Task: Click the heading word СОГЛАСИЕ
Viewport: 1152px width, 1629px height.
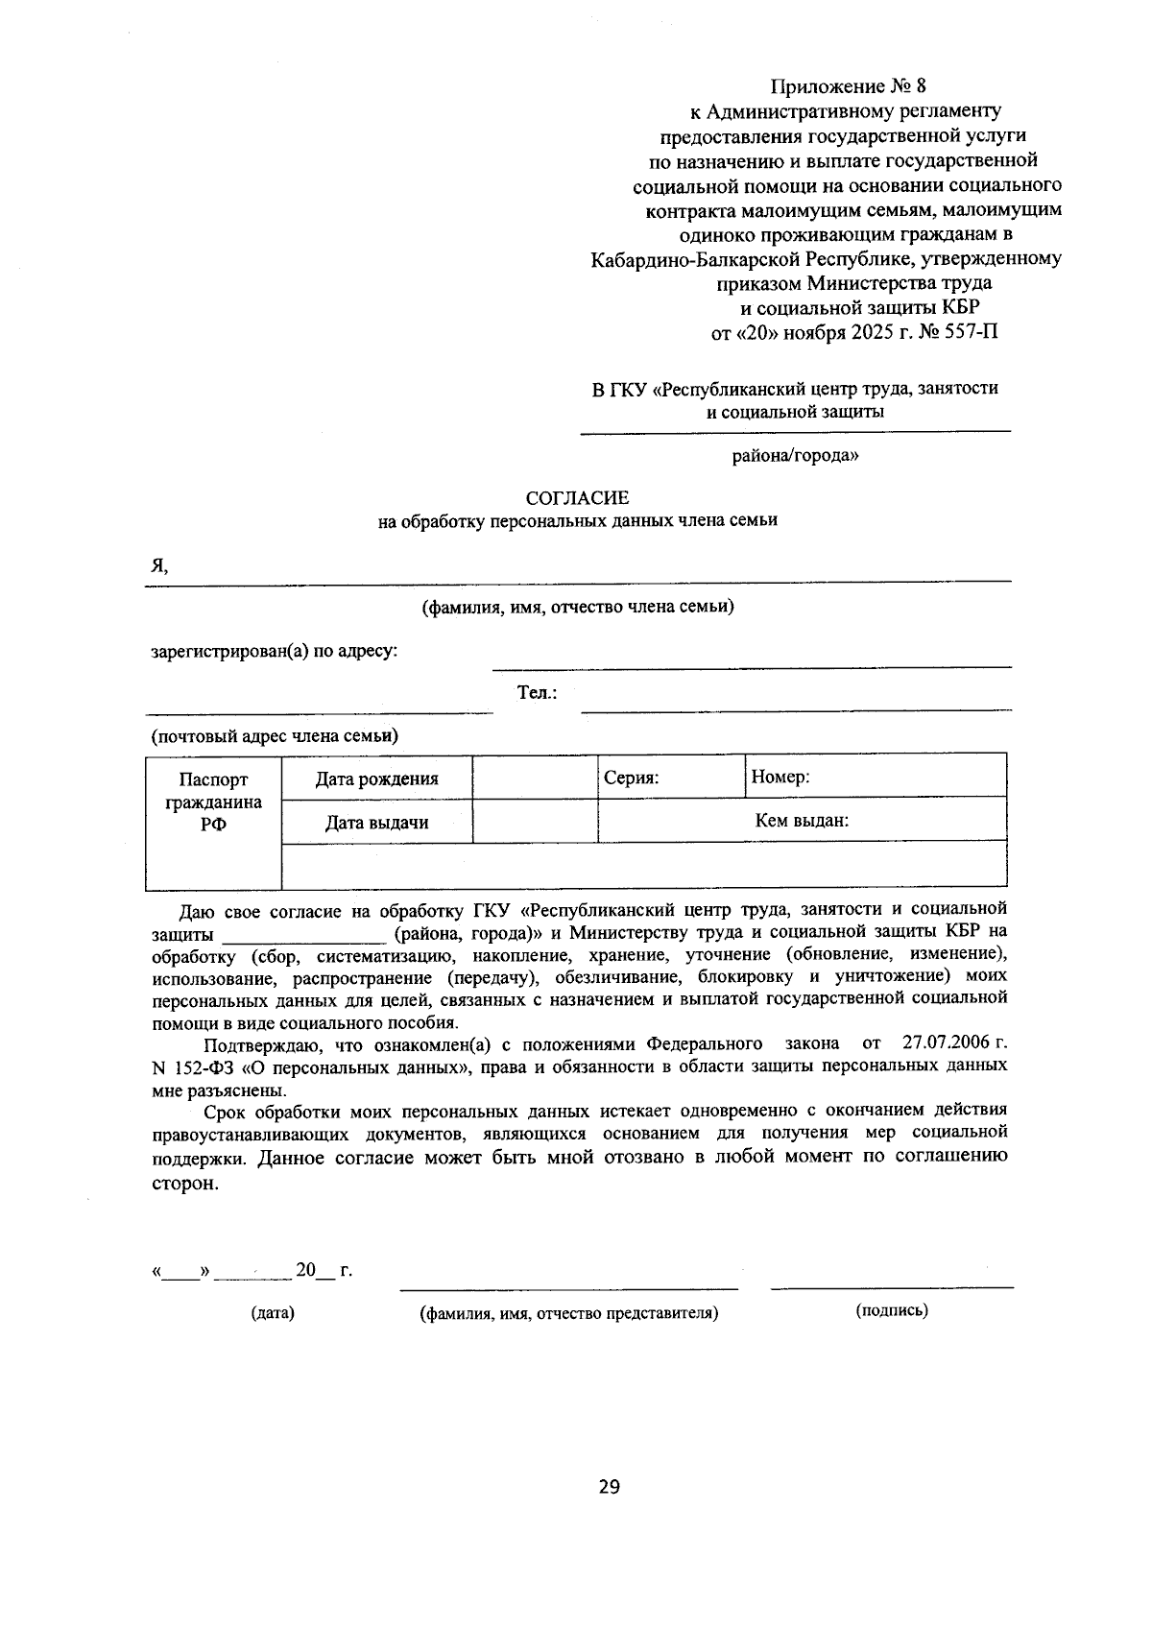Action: (x=577, y=497)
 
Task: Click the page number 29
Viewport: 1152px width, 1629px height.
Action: (x=609, y=1487)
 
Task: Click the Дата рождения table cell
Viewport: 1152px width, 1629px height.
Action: (x=376, y=779)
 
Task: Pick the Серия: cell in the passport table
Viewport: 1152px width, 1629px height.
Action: (x=670, y=777)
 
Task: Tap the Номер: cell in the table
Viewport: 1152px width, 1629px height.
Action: (x=876, y=777)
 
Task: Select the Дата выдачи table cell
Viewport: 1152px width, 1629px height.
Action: (x=376, y=823)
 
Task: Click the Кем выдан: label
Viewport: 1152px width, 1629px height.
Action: (x=802, y=821)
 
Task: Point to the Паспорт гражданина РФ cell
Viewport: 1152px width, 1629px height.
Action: (x=213, y=803)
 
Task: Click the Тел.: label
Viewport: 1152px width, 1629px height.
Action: (x=538, y=692)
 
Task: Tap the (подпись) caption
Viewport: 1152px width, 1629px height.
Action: (x=891, y=1309)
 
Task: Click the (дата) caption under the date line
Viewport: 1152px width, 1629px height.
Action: (x=273, y=1312)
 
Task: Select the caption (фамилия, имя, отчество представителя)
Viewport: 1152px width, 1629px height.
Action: (x=568, y=1312)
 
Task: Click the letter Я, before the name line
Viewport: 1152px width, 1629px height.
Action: (x=158, y=566)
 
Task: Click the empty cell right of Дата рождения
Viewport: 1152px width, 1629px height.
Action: (x=535, y=777)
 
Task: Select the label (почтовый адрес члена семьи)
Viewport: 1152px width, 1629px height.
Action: (x=275, y=736)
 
